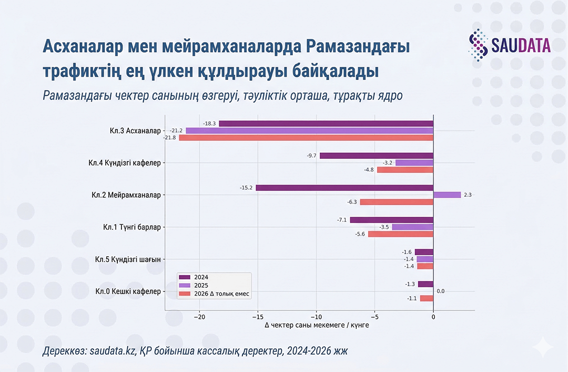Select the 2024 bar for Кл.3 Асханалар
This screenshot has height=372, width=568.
tap(326, 124)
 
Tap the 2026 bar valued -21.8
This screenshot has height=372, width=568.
tap(306, 137)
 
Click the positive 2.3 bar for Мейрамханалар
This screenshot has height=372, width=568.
tap(447, 195)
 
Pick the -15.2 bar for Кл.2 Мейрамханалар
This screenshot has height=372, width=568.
tap(344, 188)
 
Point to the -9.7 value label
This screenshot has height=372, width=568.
tap(311, 156)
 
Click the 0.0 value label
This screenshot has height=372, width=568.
tap(441, 291)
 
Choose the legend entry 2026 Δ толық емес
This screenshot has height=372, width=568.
tap(216, 294)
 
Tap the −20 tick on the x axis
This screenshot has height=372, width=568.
tap(199, 317)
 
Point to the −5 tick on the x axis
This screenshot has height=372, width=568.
tap(374, 317)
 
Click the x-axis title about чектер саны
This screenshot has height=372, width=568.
tap(317, 326)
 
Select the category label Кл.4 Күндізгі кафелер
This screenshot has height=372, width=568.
tap(124, 163)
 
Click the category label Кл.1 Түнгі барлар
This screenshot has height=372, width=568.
tap(131, 227)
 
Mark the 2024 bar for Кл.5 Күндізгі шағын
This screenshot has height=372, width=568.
tap(424, 252)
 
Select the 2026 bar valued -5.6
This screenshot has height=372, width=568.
tap(400, 234)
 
